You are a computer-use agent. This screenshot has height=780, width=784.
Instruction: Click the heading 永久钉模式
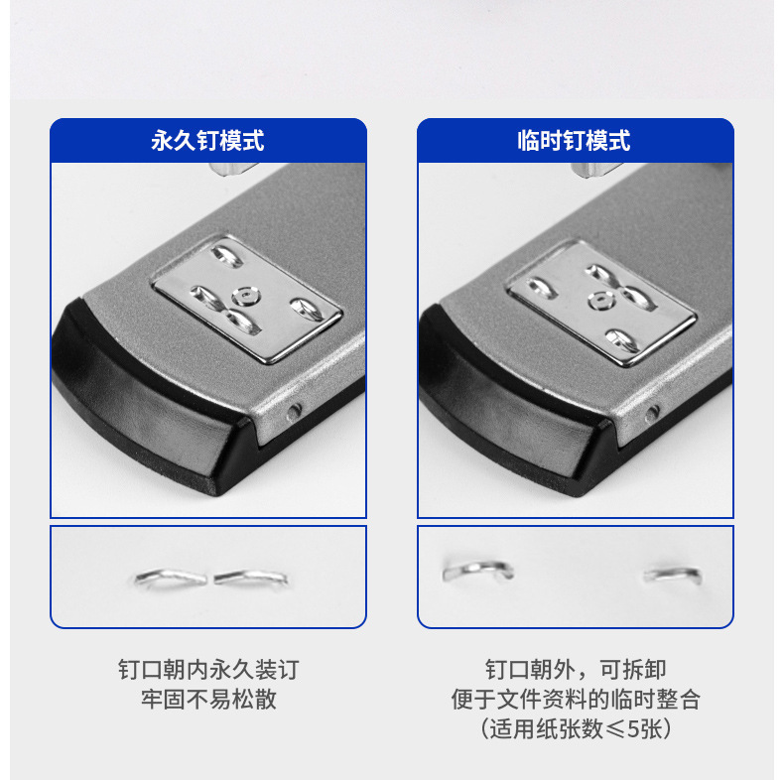coord(207,141)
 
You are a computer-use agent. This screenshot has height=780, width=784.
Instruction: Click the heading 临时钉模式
coord(574,141)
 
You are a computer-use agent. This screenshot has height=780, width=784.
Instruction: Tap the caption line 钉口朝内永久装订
coord(208,670)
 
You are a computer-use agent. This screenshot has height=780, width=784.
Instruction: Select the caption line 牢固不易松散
coord(208,699)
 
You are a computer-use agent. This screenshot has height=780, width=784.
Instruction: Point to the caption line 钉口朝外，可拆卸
coord(576,670)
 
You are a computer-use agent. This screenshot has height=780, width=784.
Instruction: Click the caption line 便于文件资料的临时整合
coord(576,699)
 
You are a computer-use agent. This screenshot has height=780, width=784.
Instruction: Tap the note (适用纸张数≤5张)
coord(576,728)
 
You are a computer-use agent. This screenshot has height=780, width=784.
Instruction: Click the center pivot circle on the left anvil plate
coord(246,297)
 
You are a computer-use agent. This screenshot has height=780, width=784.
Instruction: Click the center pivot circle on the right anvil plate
coord(600,301)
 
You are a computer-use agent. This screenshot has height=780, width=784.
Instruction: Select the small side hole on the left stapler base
coord(294,412)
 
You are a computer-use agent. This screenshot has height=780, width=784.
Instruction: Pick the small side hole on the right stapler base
coord(651,414)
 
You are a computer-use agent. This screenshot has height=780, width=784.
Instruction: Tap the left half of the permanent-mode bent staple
coord(171,578)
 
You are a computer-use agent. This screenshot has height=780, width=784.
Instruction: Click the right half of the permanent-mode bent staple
coord(251,578)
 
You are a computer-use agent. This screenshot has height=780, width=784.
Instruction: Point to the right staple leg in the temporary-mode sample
coord(673,574)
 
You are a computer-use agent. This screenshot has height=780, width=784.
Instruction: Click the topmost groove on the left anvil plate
coord(227,255)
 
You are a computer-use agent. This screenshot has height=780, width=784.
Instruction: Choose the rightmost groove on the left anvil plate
coord(308,309)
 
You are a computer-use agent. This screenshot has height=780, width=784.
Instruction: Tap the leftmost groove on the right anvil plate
coord(542,288)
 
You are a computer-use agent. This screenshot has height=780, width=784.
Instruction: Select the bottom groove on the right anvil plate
coord(622,340)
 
